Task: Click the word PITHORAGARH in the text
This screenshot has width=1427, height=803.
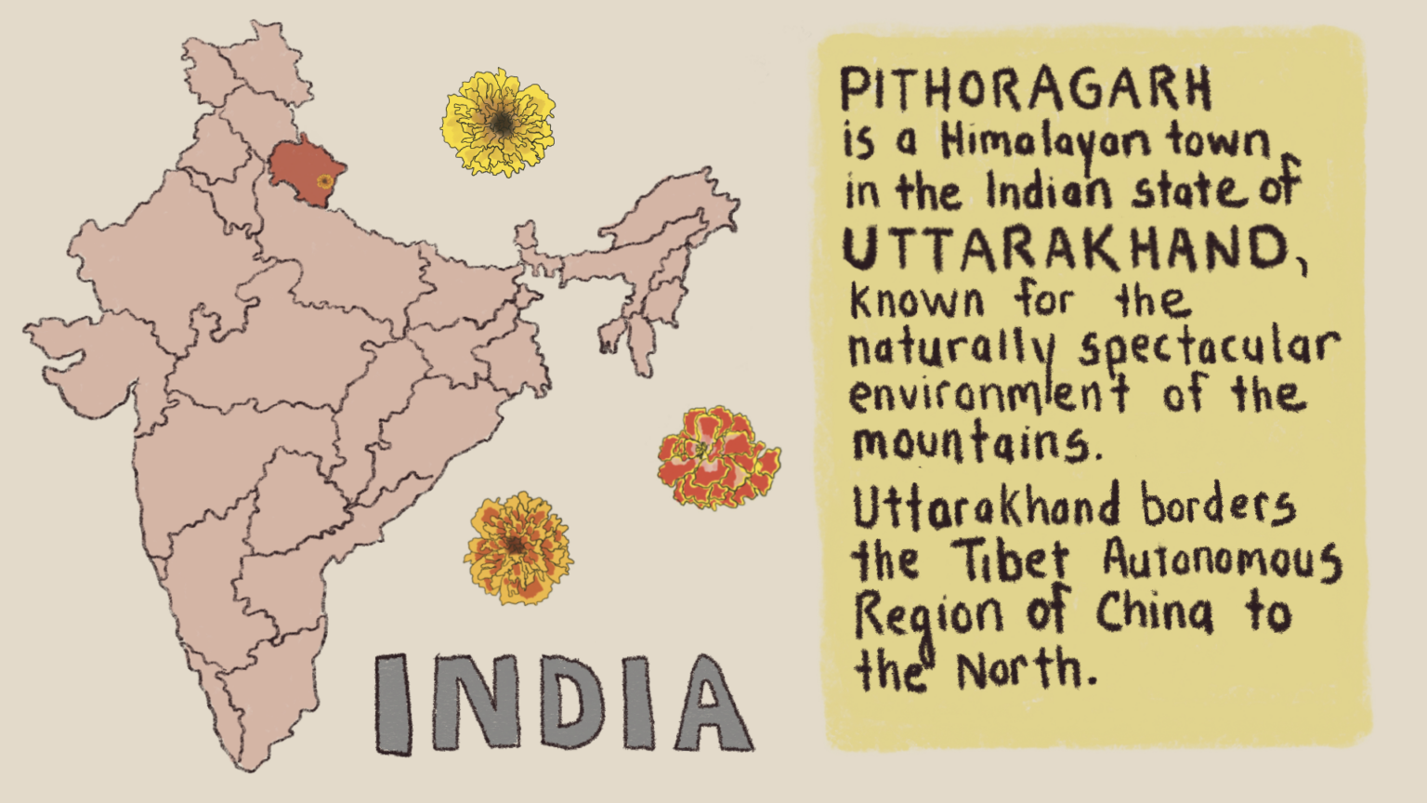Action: (x=1026, y=89)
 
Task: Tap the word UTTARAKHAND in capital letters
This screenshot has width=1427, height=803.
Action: (x=1066, y=248)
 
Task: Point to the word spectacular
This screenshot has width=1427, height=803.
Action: (x=1209, y=349)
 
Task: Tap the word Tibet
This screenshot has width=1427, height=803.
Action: (x=1011, y=560)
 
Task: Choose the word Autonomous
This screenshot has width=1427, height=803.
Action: (x=1222, y=560)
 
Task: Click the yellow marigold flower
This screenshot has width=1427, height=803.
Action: (x=499, y=122)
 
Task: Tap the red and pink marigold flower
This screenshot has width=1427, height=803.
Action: (x=718, y=457)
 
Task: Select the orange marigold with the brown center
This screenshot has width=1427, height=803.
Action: (x=517, y=547)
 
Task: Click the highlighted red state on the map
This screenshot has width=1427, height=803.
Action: (x=299, y=165)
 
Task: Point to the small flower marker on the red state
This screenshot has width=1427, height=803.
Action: (x=323, y=181)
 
